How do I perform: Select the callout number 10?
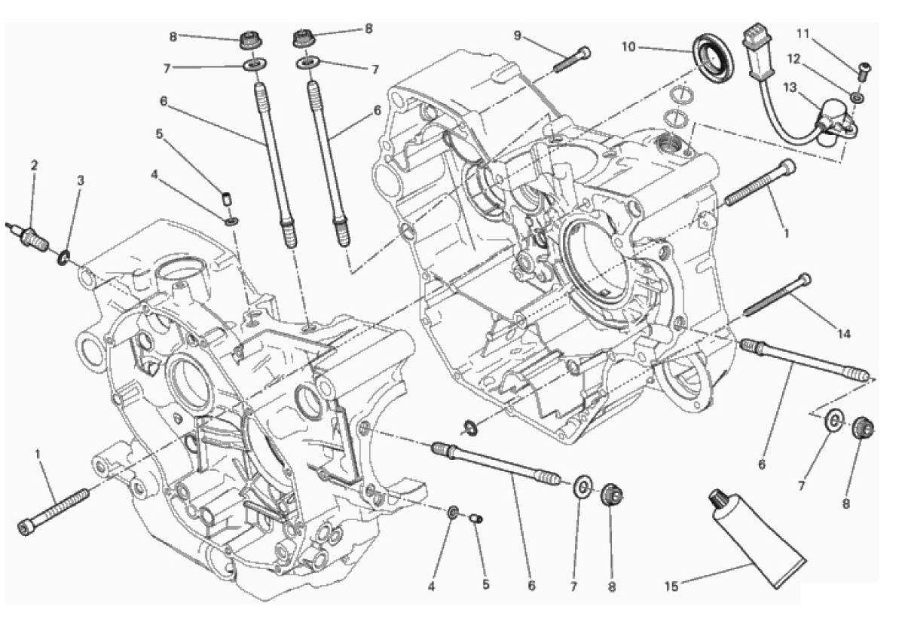pyautogui.click(x=628, y=46)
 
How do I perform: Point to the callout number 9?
pyautogui.click(x=517, y=35)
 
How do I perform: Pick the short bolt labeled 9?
pyautogui.click(x=572, y=60)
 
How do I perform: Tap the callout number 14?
pyautogui.click(x=843, y=333)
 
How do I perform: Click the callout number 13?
pyautogui.click(x=790, y=87)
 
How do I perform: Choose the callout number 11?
pyautogui.click(x=803, y=34)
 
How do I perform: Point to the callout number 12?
pyautogui.click(x=793, y=58)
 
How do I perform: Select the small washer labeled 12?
pyautogui.click(x=857, y=98)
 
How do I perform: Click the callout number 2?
pyautogui.click(x=34, y=165)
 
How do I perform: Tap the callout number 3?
pyautogui.click(x=81, y=180)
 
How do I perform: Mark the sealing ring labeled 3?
pyautogui.click(x=63, y=257)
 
